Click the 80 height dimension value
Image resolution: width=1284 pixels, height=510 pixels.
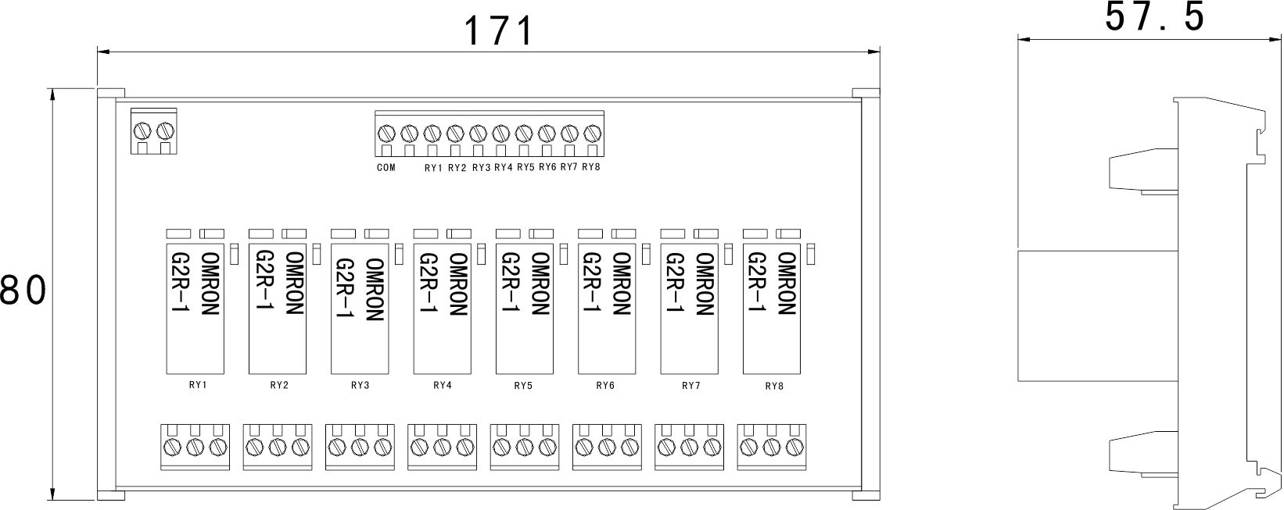23,291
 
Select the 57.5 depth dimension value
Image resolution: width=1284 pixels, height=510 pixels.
1155,18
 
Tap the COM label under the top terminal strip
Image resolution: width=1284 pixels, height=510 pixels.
386,168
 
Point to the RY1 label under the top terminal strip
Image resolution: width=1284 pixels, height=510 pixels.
433,168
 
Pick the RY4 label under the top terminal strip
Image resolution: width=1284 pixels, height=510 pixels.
502,168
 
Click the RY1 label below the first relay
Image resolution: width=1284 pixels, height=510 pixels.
197,385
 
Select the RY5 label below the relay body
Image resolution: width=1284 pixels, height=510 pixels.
523,385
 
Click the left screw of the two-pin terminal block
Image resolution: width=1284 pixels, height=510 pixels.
143,130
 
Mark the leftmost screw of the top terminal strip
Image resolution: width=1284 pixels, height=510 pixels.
386,133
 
